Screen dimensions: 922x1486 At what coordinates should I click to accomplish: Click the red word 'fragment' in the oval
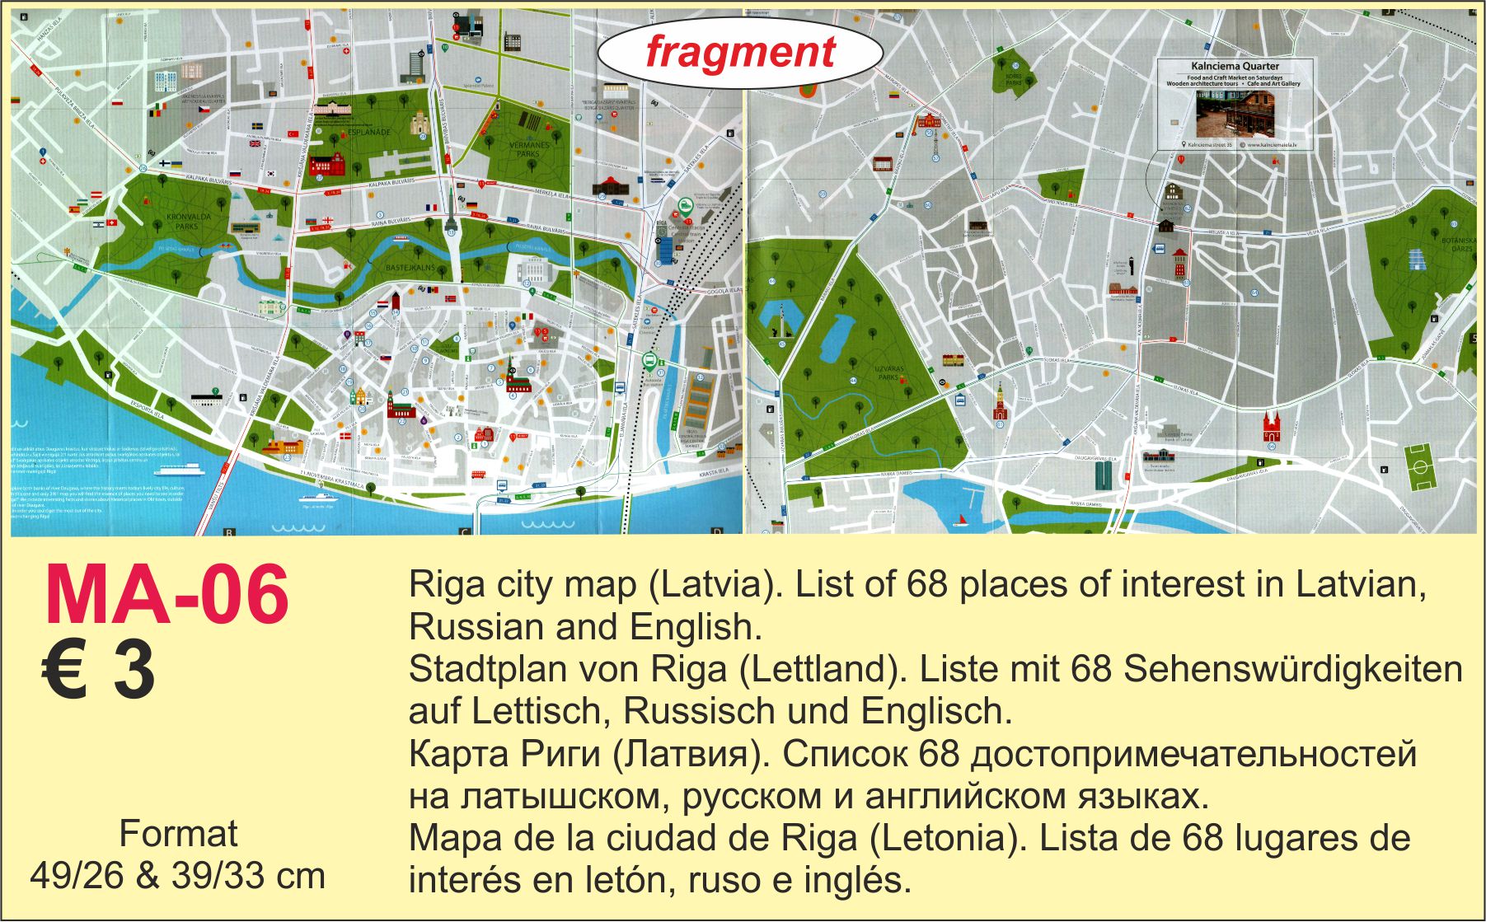(x=740, y=52)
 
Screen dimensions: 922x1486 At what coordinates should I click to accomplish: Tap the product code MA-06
(x=166, y=595)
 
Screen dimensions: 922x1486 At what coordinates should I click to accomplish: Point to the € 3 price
(x=98, y=671)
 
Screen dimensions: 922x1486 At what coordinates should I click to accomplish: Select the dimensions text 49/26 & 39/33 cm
(x=177, y=875)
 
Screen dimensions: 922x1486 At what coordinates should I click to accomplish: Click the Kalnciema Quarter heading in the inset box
(x=1235, y=66)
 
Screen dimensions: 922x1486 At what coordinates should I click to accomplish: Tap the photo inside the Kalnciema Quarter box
(x=1235, y=115)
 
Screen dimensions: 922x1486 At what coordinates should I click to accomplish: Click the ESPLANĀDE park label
(x=368, y=132)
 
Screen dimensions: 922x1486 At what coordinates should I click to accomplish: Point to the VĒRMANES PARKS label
(x=528, y=149)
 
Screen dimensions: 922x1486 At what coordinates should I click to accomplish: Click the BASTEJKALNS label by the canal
(x=410, y=268)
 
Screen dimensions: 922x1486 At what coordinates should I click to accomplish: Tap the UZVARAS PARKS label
(x=888, y=372)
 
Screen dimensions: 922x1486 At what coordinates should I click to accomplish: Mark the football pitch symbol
(x=1419, y=466)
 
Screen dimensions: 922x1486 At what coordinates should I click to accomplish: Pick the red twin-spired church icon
(x=1273, y=427)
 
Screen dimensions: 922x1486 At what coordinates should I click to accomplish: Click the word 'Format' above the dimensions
(x=178, y=834)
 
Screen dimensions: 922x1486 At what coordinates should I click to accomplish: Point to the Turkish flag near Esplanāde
(x=291, y=133)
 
